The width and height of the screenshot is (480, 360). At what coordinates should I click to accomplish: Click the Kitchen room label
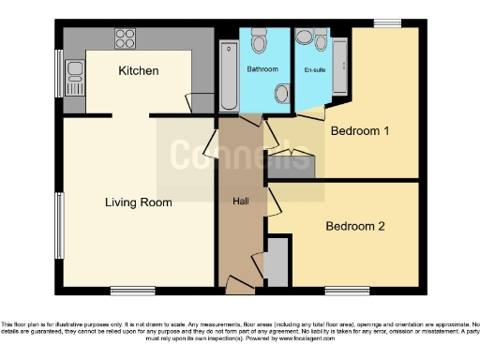pyautogui.click(x=138, y=71)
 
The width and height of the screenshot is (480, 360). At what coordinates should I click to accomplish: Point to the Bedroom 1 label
pyautogui.click(x=360, y=131)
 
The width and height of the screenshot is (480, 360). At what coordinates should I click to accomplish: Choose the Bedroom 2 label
pyautogui.click(x=355, y=226)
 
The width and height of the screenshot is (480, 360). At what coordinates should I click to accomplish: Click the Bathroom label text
pyautogui.click(x=262, y=69)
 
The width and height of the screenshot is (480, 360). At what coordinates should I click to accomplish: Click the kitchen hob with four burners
pyautogui.click(x=125, y=39)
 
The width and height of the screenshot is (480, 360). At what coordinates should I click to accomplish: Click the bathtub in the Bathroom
pyautogui.click(x=228, y=75)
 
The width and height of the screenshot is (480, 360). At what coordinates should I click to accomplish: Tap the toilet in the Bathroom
pyautogui.click(x=260, y=42)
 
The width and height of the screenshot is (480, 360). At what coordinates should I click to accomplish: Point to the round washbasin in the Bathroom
pyautogui.click(x=282, y=92)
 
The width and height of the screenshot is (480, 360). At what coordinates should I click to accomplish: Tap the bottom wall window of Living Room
pyautogui.click(x=127, y=289)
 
